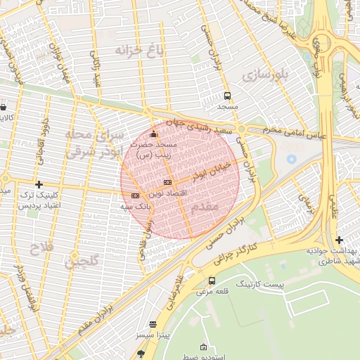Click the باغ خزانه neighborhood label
click(139, 50)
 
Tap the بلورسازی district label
click(264, 74)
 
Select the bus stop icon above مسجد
click(227, 95)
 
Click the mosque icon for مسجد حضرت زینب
click(155, 134)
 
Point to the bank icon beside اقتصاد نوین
click(166, 183)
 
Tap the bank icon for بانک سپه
click(135, 195)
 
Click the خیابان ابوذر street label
click(191, 173)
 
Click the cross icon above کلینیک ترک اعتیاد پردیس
click(39, 184)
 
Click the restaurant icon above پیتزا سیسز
click(153, 325)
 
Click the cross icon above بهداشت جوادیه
click(340, 240)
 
